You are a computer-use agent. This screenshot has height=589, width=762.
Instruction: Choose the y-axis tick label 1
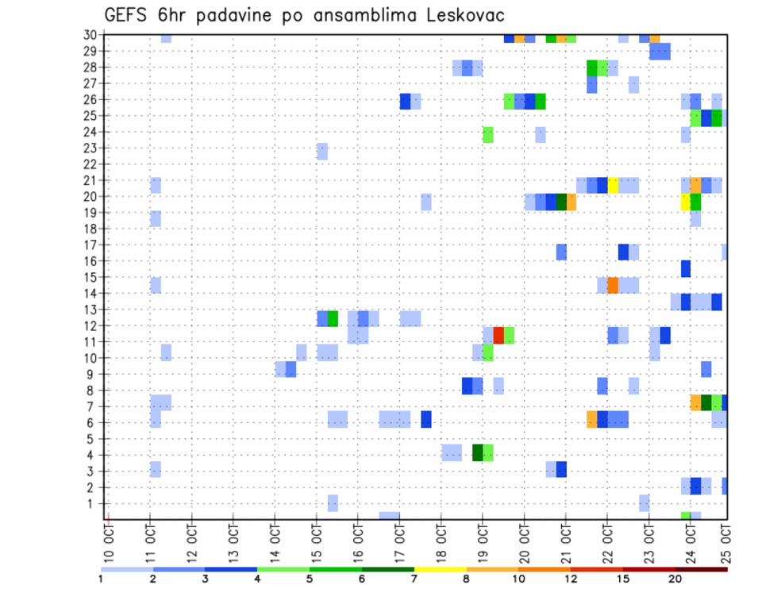click(x=94, y=503)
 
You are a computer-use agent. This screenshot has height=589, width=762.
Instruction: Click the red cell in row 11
click(x=498, y=334)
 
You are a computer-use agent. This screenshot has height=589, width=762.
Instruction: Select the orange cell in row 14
click(x=613, y=285)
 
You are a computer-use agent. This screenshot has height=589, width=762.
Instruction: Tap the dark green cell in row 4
click(x=478, y=452)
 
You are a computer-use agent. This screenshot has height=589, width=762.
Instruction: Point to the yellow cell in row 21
click(x=613, y=185)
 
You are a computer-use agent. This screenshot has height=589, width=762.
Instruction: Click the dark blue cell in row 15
click(x=686, y=268)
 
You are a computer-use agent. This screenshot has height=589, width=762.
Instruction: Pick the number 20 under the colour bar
click(x=675, y=579)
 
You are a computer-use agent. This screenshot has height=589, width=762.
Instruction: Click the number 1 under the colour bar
click(x=101, y=579)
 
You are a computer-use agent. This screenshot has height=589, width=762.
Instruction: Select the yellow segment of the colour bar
click(x=441, y=569)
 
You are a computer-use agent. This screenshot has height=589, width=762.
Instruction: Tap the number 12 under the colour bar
click(x=571, y=579)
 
